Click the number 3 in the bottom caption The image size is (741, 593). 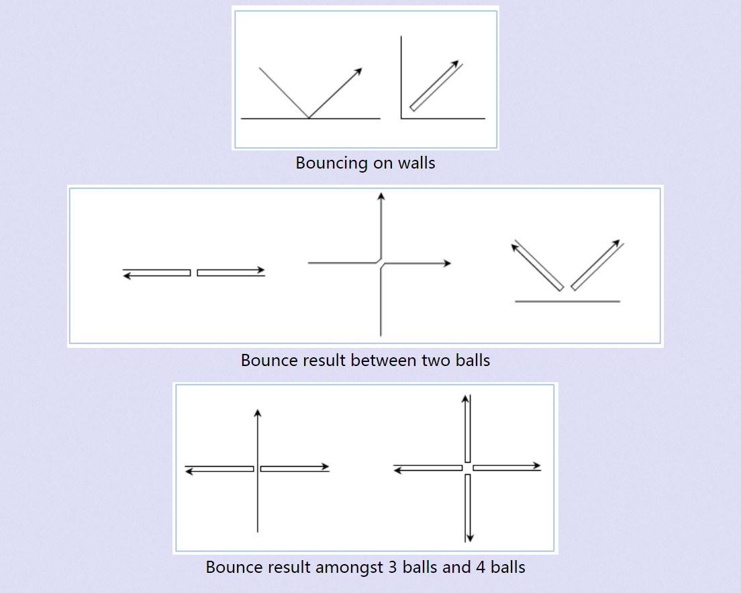393,567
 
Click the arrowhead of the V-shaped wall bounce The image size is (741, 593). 359,71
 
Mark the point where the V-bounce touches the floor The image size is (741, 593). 309,118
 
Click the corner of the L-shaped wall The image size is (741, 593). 401,118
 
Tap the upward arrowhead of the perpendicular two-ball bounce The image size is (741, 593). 381,196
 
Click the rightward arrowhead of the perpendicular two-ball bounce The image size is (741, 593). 447,263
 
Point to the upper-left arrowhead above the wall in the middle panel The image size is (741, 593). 515,247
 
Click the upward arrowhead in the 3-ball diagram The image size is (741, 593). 258,412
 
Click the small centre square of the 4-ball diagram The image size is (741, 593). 467,467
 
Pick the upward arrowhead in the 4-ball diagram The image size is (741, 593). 465,398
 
